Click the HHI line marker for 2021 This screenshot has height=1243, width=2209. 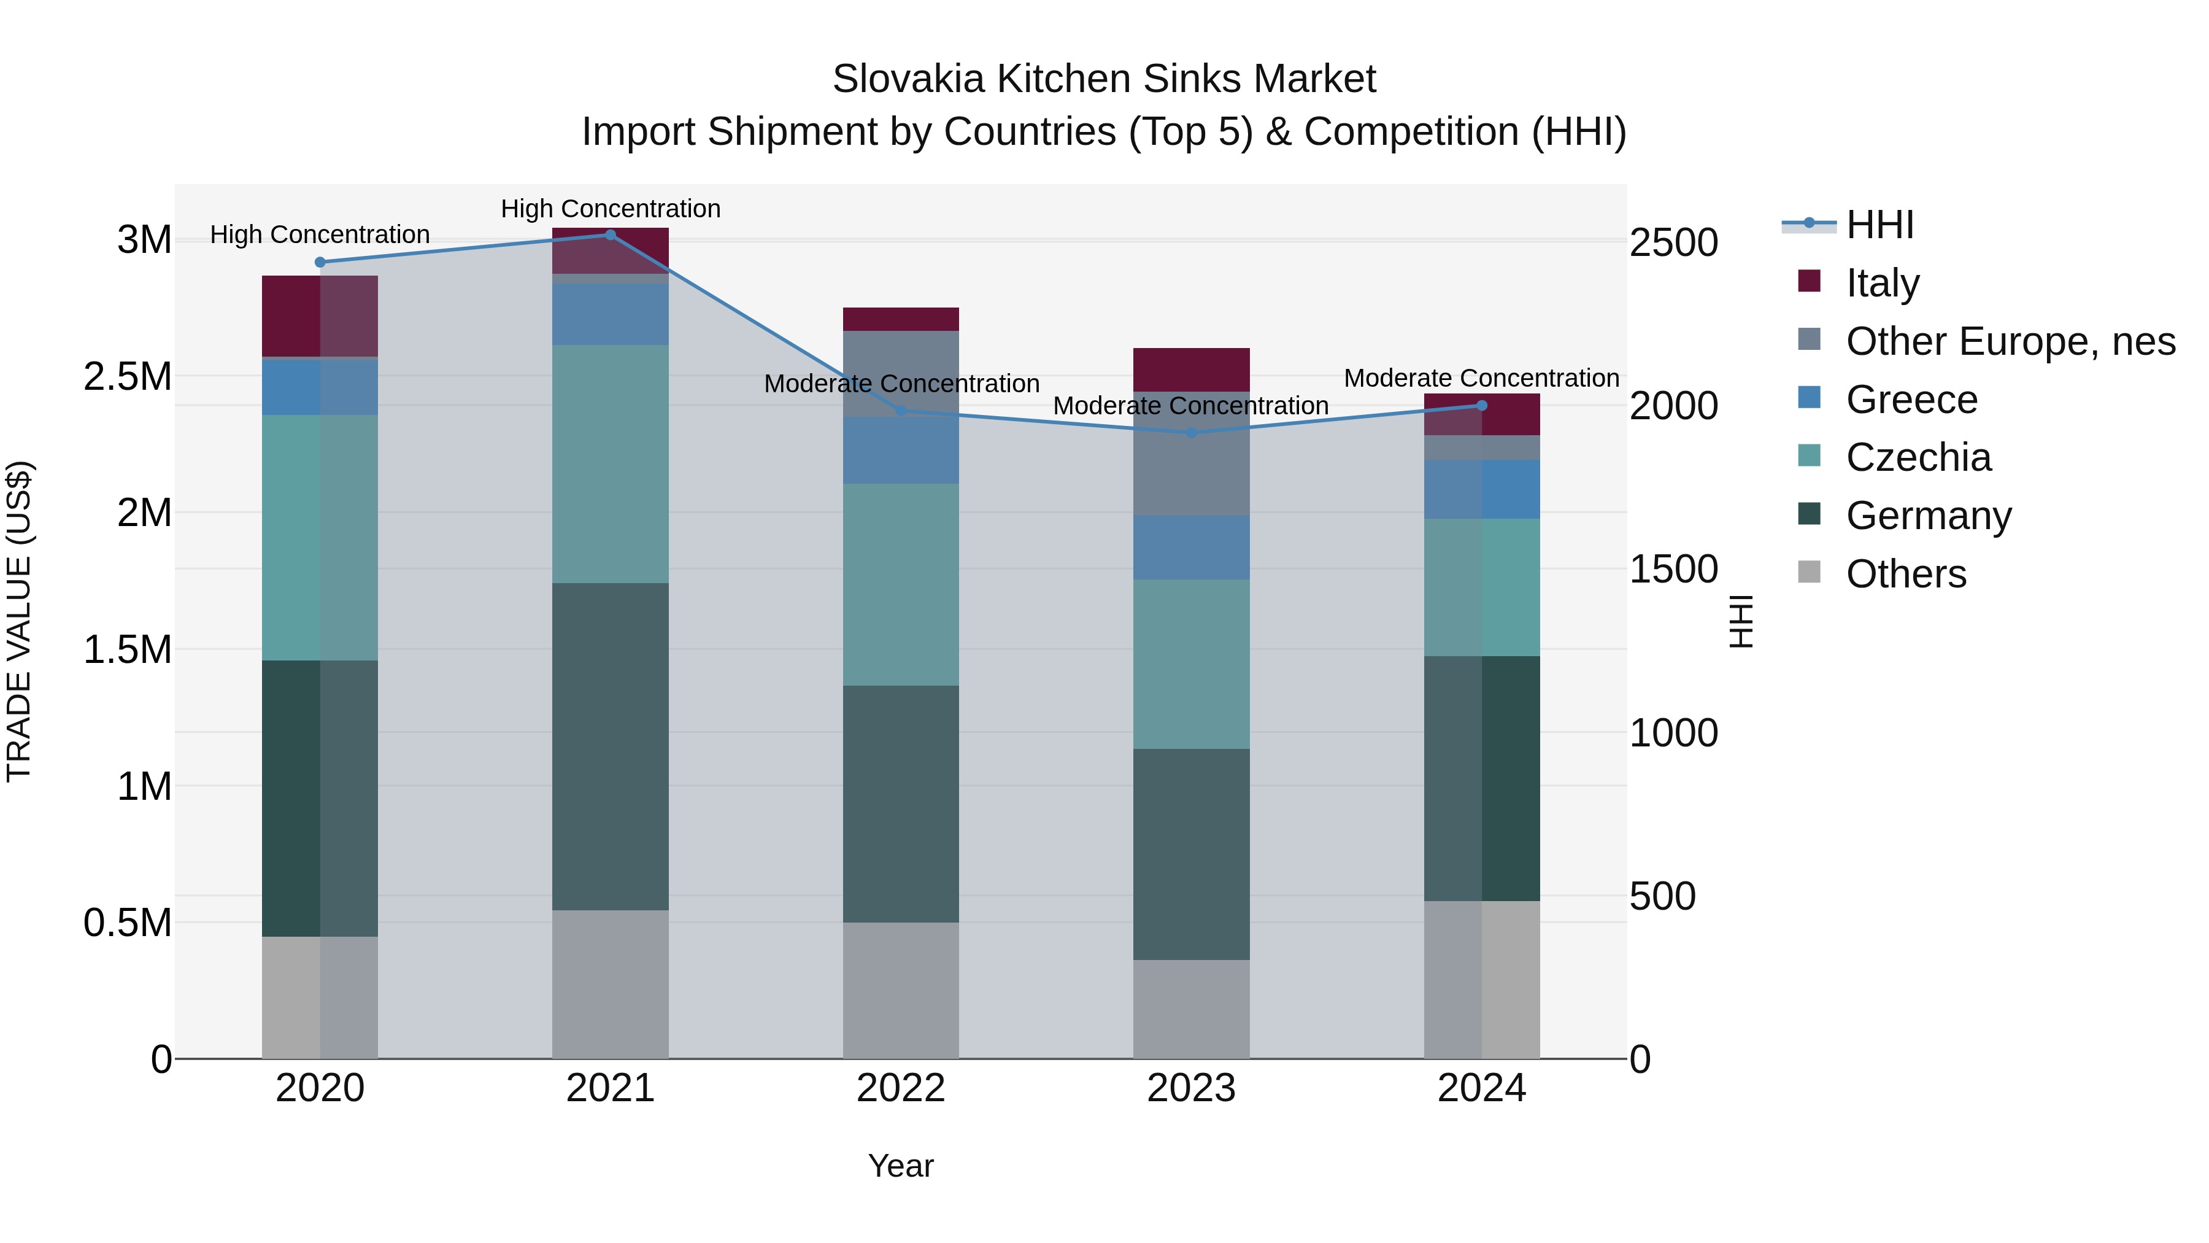coord(611,234)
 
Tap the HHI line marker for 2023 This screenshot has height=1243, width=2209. coord(1191,432)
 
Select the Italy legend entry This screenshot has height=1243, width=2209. coord(1883,282)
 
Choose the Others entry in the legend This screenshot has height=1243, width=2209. coord(1905,573)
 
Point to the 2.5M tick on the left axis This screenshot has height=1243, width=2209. coord(129,376)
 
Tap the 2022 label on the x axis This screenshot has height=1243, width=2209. coord(900,1088)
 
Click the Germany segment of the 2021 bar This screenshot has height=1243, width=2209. coord(611,746)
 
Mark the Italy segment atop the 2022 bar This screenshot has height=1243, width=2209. coord(900,319)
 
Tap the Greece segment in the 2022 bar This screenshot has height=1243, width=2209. coord(900,451)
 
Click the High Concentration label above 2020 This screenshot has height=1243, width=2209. coord(320,234)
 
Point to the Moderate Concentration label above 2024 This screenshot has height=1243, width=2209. coord(1481,378)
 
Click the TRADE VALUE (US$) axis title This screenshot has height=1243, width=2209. coord(19,621)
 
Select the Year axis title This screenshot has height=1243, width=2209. coord(900,1166)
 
